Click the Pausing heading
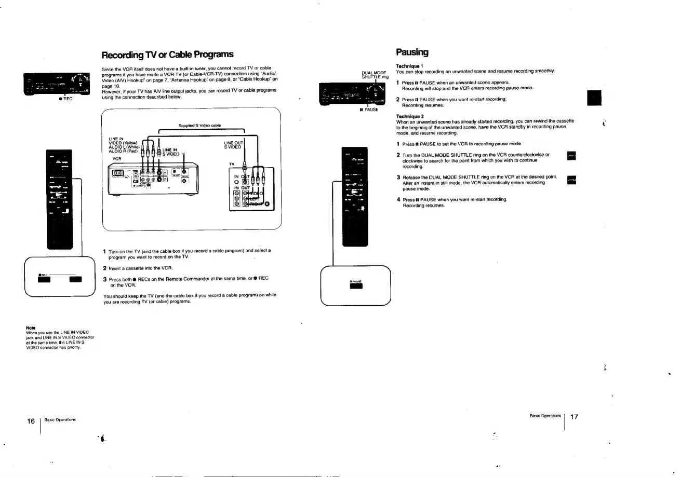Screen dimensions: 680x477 (x=412, y=52)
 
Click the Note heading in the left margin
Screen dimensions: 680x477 (x=30, y=328)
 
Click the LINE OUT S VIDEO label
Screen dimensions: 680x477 (x=232, y=144)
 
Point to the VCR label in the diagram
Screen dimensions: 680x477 (x=116, y=158)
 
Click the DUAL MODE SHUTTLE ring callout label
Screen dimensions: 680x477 (x=375, y=74)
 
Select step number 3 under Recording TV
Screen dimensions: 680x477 (x=105, y=279)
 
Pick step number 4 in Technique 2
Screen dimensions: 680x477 (x=398, y=199)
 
